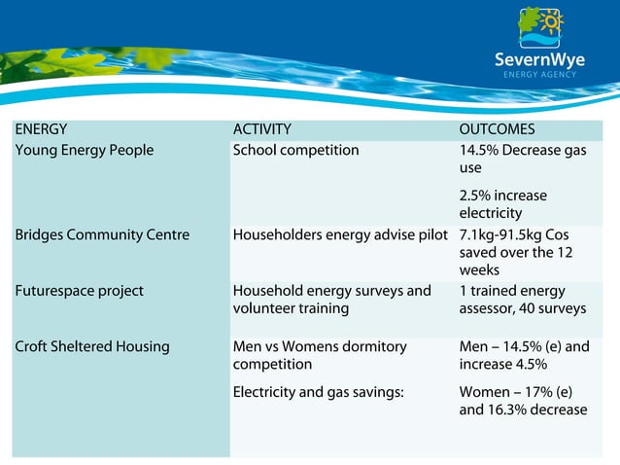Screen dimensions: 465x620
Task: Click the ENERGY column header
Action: coord(41,129)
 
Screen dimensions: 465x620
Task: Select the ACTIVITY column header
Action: coord(261,129)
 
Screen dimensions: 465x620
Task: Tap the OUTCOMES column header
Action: coord(497,129)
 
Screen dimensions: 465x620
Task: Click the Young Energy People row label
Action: coord(85,150)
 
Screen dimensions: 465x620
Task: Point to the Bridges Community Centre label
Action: coord(102,234)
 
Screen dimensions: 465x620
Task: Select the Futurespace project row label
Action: coord(80,291)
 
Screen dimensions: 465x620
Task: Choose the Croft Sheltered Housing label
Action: coord(92,346)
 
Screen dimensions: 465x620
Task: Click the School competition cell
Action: coord(295,150)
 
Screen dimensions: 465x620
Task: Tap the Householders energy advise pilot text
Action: coord(340,234)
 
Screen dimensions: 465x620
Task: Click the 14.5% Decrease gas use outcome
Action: coord(523,159)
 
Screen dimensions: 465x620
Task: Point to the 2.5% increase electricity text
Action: coord(502,204)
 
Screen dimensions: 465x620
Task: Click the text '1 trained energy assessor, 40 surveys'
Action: coord(522,300)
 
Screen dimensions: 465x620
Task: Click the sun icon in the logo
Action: coord(553,20)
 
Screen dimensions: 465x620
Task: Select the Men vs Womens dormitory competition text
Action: coord(320,355)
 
